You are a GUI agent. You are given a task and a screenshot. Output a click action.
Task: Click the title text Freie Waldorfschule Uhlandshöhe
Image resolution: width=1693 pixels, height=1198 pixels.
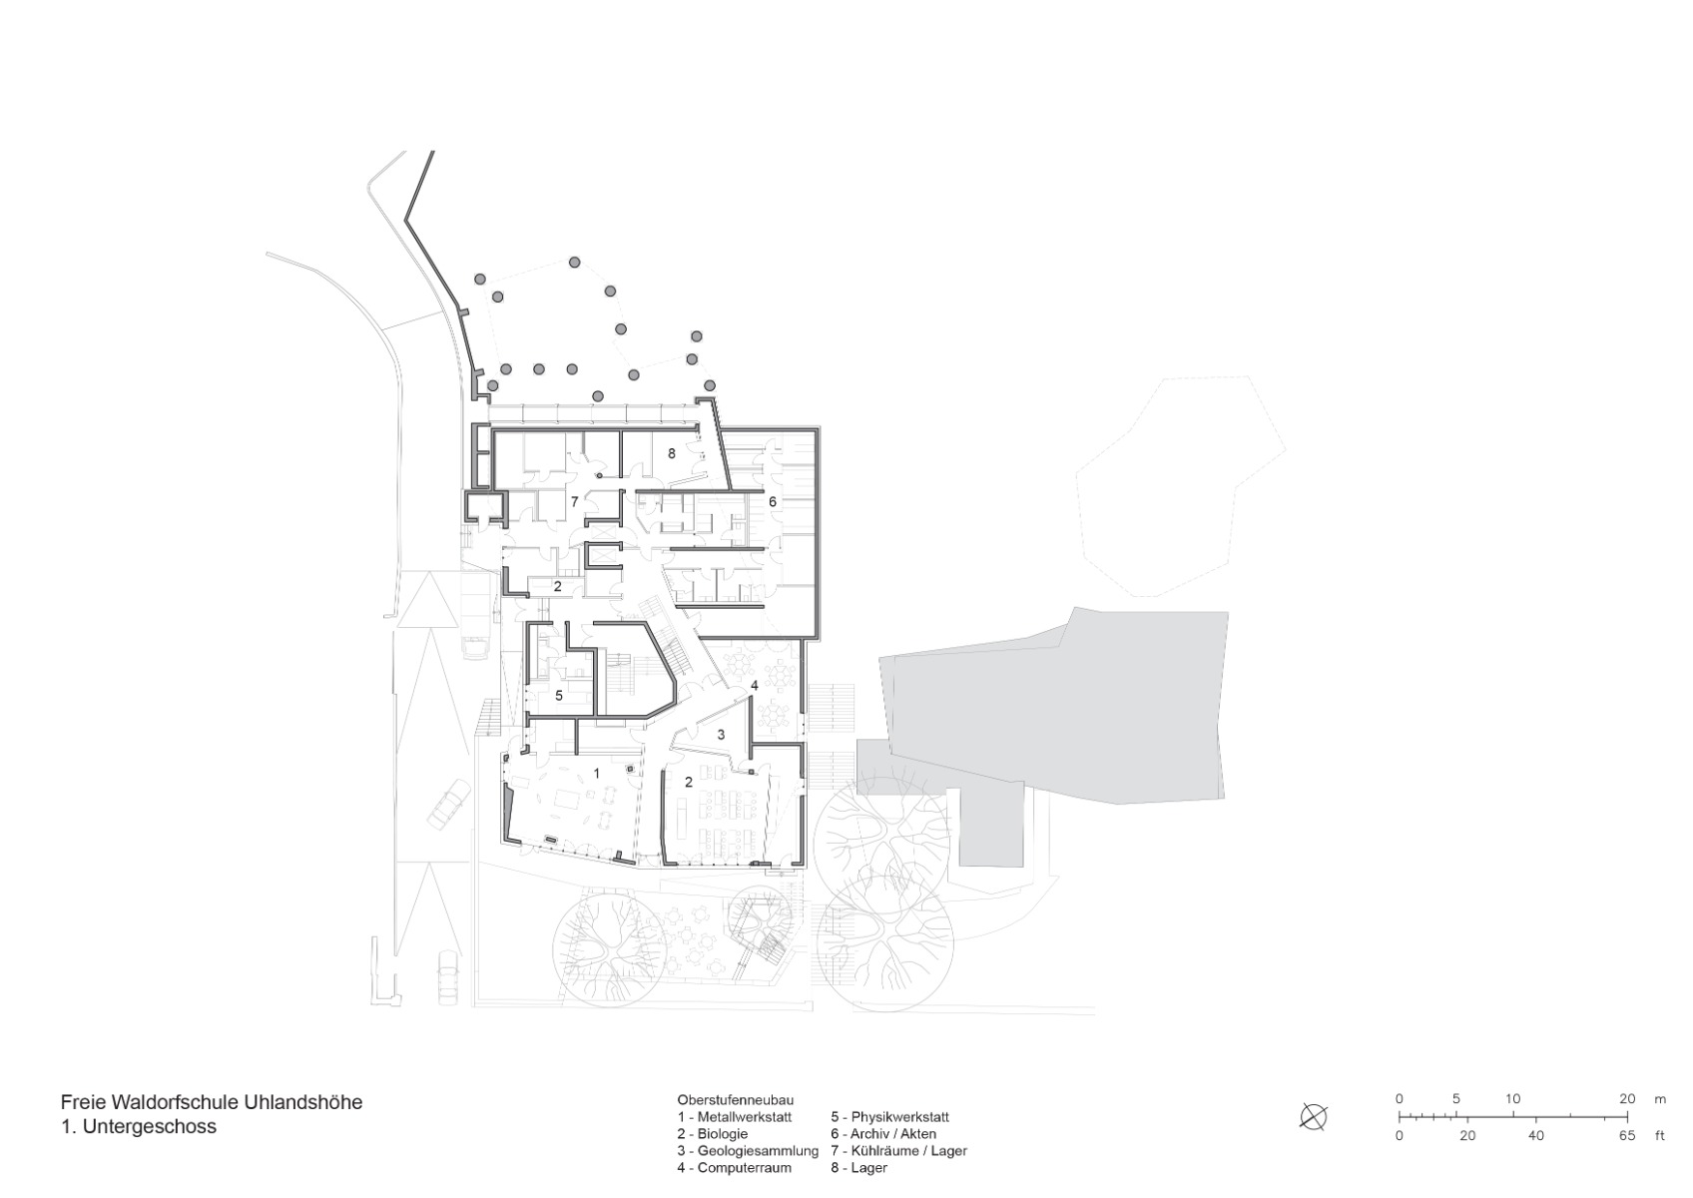pos(211,1102)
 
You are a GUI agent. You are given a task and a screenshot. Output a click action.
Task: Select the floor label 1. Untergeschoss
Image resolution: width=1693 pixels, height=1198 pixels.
pos(138,1126)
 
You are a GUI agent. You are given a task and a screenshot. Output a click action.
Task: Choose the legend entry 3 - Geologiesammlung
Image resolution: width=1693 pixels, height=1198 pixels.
pos(747,1150)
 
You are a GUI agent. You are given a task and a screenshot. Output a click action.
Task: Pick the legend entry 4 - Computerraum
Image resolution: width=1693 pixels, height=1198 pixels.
pos(734,1167)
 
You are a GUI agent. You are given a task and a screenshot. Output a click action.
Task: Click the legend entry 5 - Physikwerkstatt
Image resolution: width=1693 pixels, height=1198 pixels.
pos(889,1117)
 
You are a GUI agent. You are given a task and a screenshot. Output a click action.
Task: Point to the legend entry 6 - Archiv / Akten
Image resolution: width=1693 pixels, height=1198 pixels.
pos(882,1134)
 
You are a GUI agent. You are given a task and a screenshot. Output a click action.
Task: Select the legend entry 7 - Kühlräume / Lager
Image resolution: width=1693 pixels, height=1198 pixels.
pos(898,1150)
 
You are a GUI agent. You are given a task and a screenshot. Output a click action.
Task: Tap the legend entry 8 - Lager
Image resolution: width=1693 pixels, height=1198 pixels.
pos(858,1167)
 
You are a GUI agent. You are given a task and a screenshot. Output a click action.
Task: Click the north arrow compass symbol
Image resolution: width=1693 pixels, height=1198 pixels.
pos(1314,1116)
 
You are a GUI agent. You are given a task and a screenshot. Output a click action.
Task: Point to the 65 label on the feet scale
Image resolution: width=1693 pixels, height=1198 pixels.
pos(1628,1136)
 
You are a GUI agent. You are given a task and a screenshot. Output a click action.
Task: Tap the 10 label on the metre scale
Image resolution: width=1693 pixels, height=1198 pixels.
pos(1513,1099)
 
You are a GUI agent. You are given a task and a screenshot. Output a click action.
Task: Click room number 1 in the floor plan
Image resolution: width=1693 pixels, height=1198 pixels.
pos(597,773)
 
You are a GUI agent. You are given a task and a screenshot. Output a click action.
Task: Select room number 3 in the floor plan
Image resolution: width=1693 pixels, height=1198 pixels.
pos(721,734)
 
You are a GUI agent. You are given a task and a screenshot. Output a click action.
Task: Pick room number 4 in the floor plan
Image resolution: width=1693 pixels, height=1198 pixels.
pos(755,685)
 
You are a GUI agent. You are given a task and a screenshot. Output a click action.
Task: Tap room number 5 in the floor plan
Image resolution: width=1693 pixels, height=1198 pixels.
pos(559,695)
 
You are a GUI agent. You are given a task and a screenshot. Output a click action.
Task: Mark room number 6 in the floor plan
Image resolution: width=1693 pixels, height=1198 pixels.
pos(773,501)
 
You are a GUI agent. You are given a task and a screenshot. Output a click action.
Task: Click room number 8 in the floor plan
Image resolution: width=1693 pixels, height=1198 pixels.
pos(672,453)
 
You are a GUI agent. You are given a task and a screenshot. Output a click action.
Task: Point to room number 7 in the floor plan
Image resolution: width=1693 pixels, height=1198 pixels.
pos(574,501)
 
